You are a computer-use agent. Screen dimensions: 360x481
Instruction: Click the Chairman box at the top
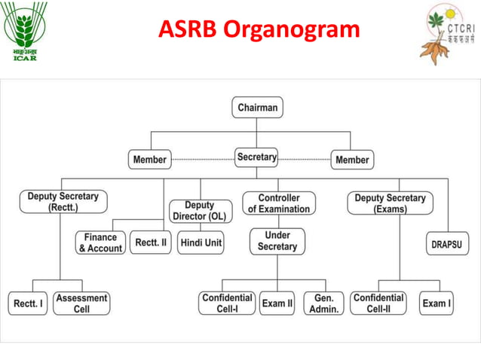pyautogui.click(x=257, y=108)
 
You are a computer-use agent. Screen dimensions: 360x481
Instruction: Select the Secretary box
pyautogui.click(x=257, y=158)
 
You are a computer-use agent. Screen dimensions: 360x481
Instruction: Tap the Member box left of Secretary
pyautogui.click(x=149, y=160)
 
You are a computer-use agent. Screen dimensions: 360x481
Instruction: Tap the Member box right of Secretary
pyautogui.click(x=352, y=160)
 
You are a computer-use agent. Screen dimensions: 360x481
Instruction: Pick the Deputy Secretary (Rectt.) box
pyautogui.click(x=63, y=202)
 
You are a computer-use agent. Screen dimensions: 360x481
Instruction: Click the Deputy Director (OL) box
pyautogui.click(x=199, y=210)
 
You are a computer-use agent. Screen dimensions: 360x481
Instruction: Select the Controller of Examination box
pyautogui.click(x=278, y=203)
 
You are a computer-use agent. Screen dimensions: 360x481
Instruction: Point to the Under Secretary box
pyautogui.click(x=277, y=241)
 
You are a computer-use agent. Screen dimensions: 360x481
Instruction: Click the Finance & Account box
pyautogui.click(x=100, y=243)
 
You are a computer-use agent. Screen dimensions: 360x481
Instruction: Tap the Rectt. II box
pyautogui.click(x=152, y=243)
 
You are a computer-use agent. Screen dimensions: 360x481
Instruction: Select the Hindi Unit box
pyautogui.click(x=201, y=243)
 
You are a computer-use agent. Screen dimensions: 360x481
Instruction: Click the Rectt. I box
pyautogui.click(x=29, y=304)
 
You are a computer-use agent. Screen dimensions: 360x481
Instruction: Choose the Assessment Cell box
pyautogui.click(x=81, y=304)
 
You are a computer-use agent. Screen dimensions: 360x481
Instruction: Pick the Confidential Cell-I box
pyautogui.click(x=227, y=304)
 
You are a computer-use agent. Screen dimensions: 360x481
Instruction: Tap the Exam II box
pyautogui.click(x=277, y=304)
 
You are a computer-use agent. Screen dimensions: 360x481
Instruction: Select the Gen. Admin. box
pyautogui.click(x=324, y=304)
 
